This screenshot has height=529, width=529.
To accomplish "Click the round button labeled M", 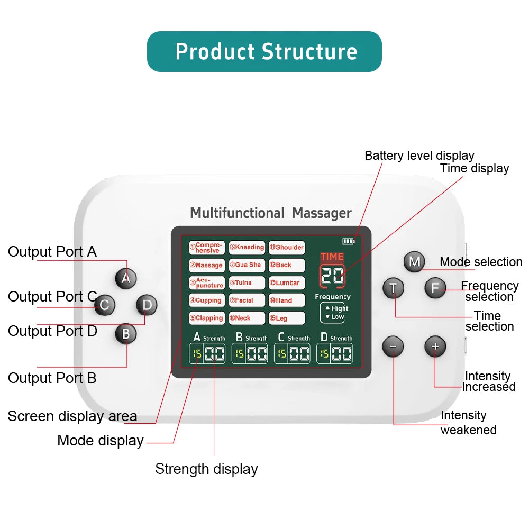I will click(414, 261).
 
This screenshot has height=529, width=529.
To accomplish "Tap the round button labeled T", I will click(393, 288).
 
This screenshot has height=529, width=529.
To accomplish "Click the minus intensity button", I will click(393, 346).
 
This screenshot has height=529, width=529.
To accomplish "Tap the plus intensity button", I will click(435, 346).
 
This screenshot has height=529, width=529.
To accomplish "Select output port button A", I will click(125, 278).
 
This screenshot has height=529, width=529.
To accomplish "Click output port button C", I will click(105, 305).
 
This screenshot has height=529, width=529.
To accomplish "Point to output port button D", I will click(147, 305).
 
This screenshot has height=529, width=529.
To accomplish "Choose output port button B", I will click(126, 334).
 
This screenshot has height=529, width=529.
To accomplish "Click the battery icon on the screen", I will click(348, 241).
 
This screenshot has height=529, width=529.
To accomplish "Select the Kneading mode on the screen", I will click(247, 248).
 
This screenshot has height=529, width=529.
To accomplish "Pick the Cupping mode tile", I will click(207, 300).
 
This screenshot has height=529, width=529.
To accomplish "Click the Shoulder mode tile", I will click(287, 248).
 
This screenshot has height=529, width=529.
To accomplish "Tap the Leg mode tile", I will click(287, 318).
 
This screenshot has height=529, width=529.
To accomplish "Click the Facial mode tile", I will click(247, 300).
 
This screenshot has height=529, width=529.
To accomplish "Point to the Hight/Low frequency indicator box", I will click(332, 313).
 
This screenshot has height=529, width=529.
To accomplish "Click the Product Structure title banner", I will click(264, 52).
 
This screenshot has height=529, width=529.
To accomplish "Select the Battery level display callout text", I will click(419, 156).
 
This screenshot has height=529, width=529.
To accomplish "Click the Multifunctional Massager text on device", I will click(270, 213).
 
